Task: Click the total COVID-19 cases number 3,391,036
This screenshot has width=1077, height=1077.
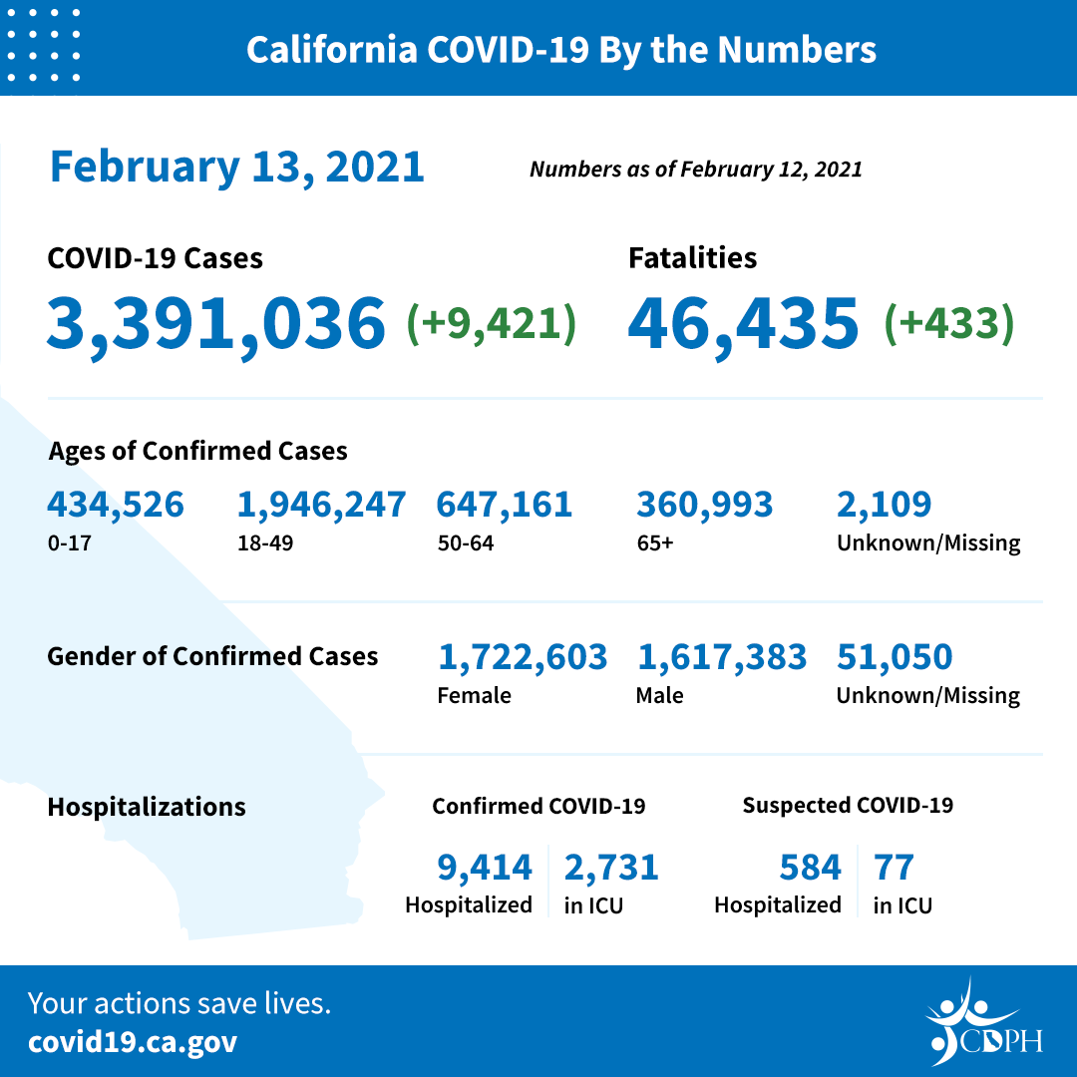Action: pos(215,323)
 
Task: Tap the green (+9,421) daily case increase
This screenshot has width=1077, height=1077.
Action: pos(491,323)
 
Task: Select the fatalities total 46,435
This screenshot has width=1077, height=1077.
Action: pos(743,323)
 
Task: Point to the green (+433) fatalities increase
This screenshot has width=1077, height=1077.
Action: pos(948,323)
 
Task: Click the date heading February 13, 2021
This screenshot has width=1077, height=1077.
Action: pos(237,167)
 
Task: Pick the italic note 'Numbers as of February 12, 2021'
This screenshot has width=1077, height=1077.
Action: pos(695,170)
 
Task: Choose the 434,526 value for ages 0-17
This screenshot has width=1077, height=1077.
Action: pos(116,505)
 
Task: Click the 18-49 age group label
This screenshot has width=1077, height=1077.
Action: pos(259,543)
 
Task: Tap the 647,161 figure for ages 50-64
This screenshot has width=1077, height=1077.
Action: pos(505,505)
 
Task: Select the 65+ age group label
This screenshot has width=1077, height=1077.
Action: pos(653,543)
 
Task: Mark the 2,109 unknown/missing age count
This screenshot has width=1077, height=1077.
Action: pos(885,505)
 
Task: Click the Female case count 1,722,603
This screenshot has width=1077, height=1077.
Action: pos(523,657)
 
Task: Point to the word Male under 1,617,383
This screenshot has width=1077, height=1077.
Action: pos(659,695)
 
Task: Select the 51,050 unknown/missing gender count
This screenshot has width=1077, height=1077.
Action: pos(895,657)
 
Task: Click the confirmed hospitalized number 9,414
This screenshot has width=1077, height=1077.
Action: pos(485,868)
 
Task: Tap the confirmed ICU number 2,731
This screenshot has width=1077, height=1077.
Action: pos(611,868)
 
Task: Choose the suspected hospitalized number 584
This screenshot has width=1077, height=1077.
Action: pos(811,868)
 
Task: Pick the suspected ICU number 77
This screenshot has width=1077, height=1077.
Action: pos(894,868)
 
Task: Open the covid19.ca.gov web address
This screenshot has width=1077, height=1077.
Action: pos(133,1042)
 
